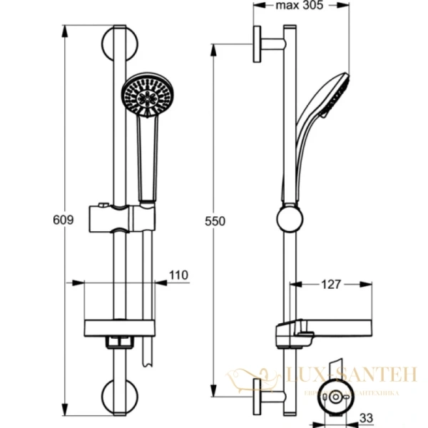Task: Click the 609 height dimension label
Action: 64,220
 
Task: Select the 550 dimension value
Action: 214,221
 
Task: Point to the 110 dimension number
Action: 179,273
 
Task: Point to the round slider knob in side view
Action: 289,219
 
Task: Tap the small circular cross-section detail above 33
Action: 333,397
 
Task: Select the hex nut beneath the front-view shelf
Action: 119,342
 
